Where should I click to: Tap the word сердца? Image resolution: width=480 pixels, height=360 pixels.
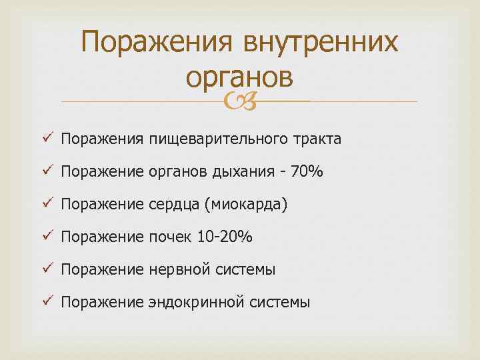(x=173, y=205)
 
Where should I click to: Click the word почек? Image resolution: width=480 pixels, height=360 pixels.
(x=170, y=237)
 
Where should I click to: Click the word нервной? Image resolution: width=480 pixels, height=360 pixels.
(x=178, y=270)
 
